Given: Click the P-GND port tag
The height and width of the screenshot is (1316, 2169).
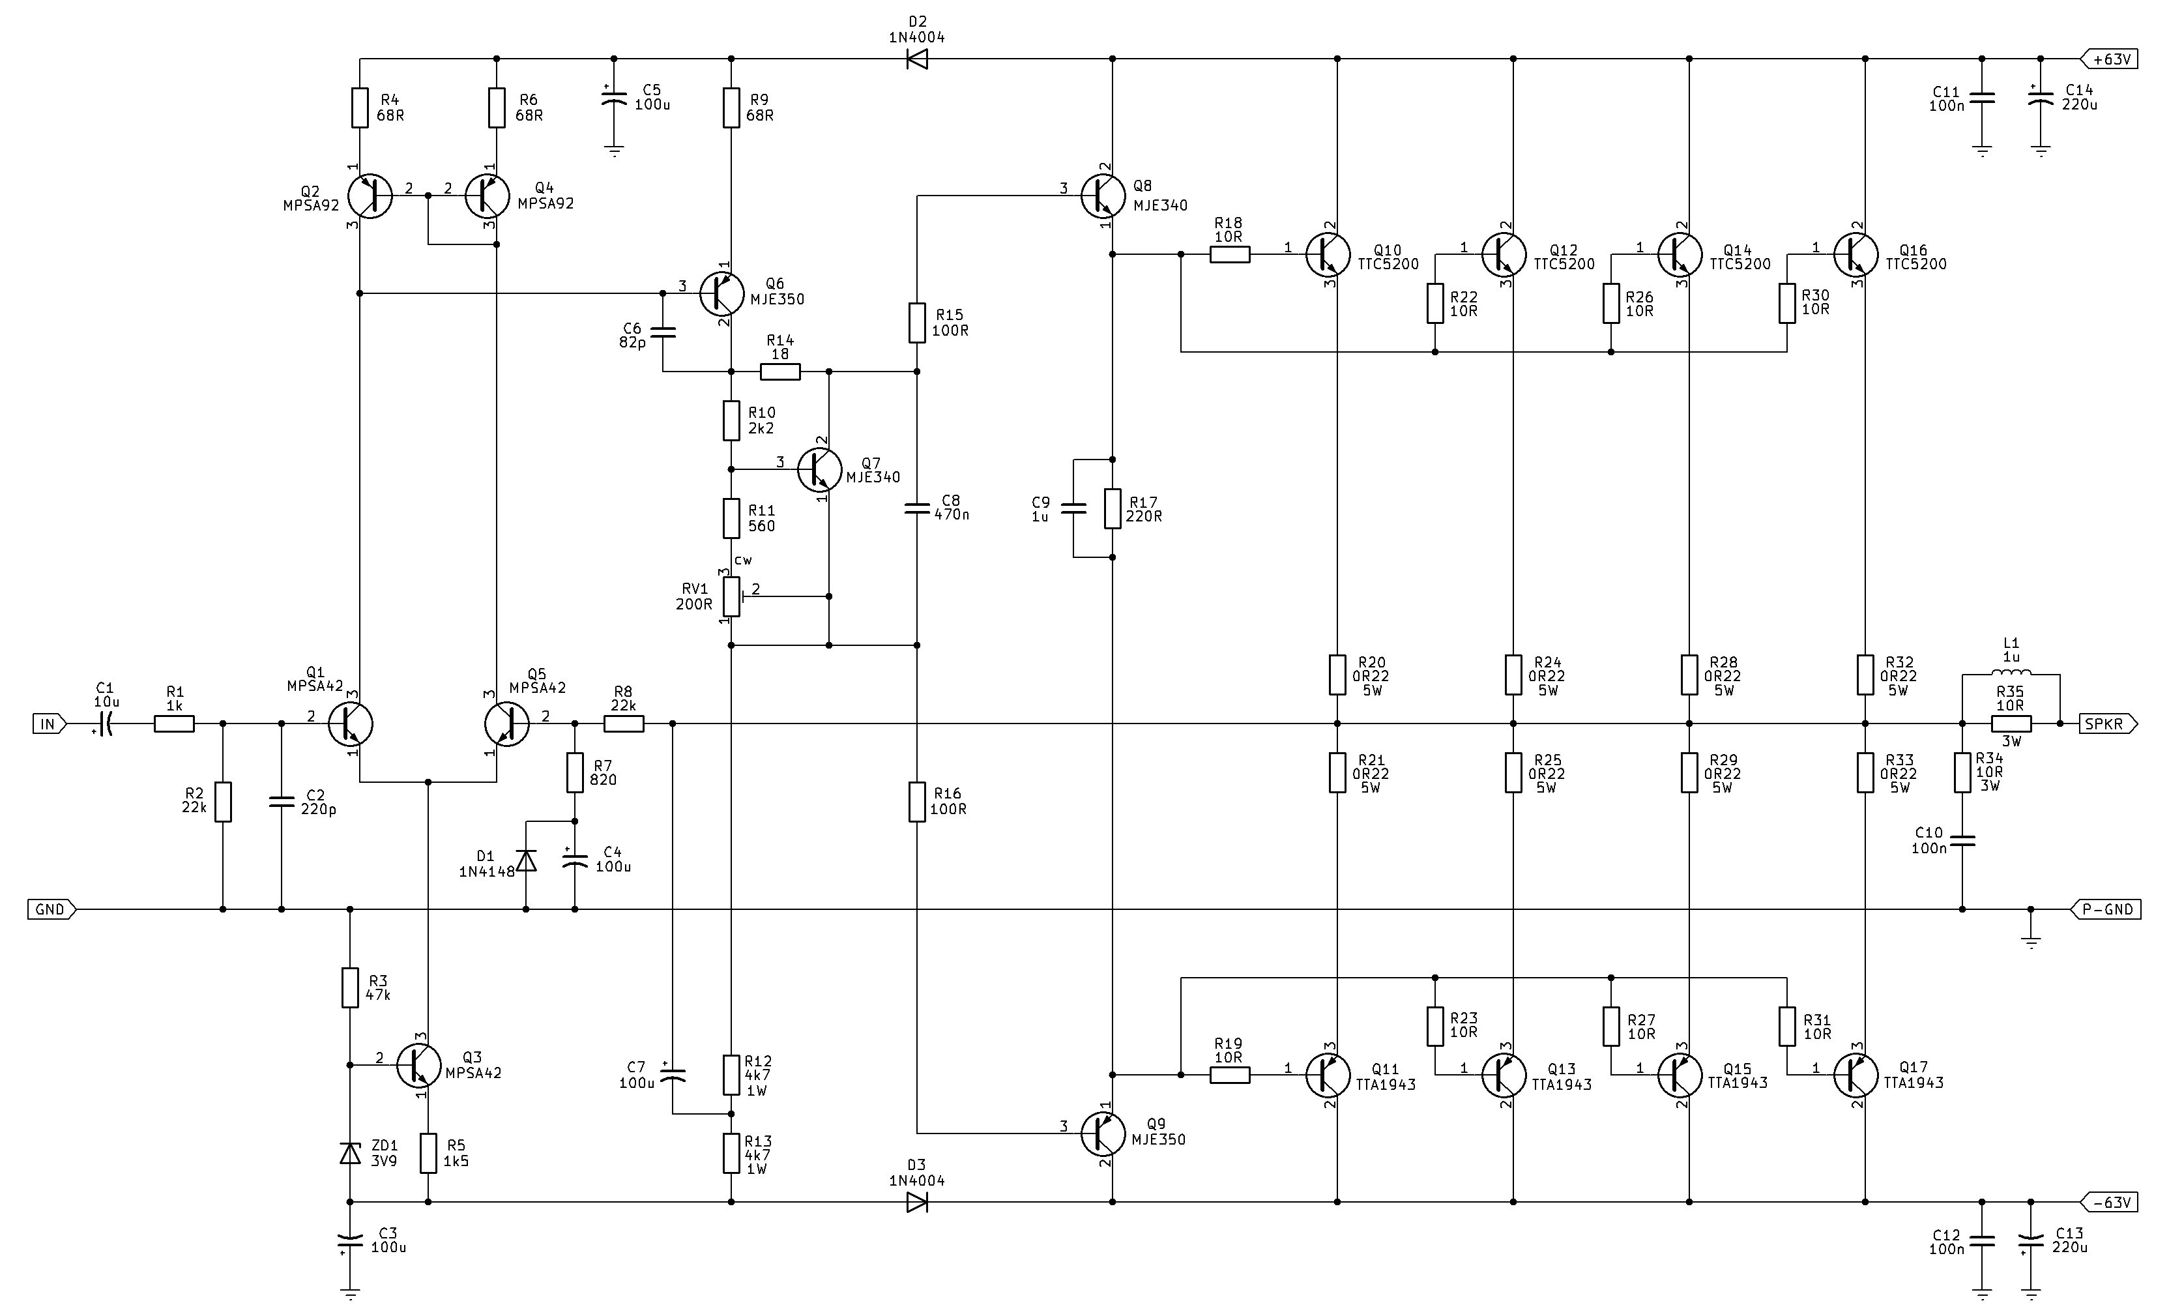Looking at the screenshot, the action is coord(2106,909).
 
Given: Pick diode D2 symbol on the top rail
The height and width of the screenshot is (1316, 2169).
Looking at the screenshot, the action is coord(917,59).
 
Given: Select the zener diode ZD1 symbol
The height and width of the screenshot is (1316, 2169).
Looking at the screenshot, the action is coord(351,1153).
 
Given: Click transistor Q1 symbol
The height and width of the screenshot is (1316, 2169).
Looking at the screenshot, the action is coord(351,724).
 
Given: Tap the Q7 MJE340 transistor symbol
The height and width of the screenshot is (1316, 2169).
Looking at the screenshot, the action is coord(819,469).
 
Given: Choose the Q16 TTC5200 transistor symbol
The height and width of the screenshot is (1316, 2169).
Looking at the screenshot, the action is coord(1856,254).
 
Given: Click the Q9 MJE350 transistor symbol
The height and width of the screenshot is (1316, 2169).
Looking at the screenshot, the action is coord(1103,1133).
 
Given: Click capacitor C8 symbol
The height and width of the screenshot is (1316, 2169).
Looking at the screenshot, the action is coord(917,508).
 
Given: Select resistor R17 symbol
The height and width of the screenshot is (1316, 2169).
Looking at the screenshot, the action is coord(1113,508).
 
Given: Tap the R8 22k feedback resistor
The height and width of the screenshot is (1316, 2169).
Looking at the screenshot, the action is coord(624,724).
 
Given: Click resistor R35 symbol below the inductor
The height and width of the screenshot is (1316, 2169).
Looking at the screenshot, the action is coord(2011,724).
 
